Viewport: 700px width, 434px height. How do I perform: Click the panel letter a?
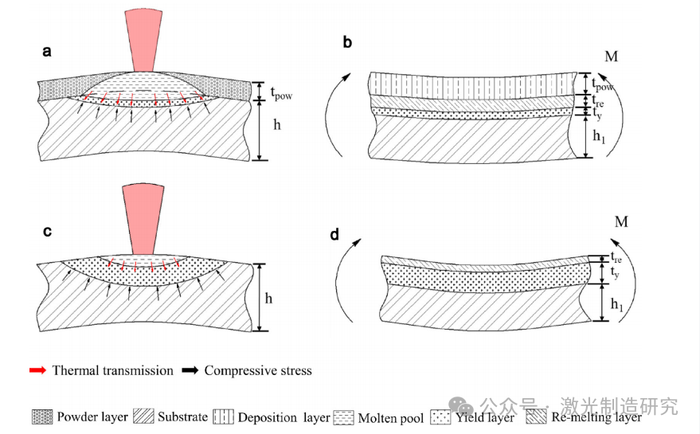47,52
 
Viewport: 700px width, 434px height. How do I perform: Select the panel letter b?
347,42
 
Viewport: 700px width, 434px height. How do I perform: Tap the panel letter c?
47,232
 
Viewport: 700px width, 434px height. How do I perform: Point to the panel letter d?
334,235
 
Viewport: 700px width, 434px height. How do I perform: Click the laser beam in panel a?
144,39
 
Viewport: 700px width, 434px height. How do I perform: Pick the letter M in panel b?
612,57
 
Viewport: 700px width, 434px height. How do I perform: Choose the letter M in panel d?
621,221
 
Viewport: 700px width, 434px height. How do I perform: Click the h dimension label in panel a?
276,126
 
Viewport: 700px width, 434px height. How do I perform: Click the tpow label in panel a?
281,93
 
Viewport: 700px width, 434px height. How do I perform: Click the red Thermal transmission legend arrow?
37,370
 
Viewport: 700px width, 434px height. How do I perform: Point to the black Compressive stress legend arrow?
190,370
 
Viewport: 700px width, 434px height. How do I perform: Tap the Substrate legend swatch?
143,416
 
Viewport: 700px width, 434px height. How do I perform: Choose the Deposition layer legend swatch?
224,416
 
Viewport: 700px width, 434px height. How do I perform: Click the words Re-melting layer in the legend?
598,416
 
